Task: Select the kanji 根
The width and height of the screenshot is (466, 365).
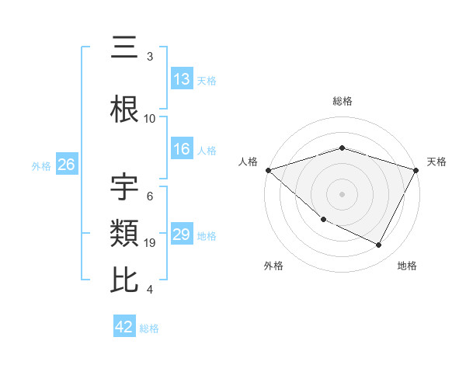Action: click(x=125, y=109)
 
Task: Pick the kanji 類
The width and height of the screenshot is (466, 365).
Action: click(x=125, y=232)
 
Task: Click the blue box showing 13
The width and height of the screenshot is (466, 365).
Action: click(x=182, y=79)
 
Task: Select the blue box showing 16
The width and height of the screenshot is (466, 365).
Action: click(x=182, y=150)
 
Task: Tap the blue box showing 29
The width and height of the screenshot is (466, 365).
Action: click(x=182, y=235)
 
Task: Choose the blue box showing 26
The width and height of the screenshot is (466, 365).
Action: click(x=66, y=165)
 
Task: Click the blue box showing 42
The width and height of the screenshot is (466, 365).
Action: click(x=124, y=327)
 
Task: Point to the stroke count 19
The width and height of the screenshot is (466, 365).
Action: click(x=151, y=243)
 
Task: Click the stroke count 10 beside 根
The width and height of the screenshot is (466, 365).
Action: click(x=150, y=119)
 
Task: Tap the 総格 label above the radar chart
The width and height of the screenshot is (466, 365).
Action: click(x=343, y=101)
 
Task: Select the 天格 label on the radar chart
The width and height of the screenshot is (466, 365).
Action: click(x=436, y=162)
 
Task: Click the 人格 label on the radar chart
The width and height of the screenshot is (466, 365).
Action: click(x=249, y=162)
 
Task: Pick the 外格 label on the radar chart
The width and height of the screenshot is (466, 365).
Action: click(x=273, y=266)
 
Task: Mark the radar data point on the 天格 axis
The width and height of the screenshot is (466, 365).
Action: click(x=416, y=169)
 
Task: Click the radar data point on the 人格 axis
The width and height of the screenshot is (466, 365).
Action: click(x=268, y=169)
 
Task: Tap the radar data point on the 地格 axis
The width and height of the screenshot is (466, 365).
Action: click(x=379, y=245)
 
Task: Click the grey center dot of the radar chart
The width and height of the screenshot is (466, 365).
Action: click(x=343, y=193)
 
